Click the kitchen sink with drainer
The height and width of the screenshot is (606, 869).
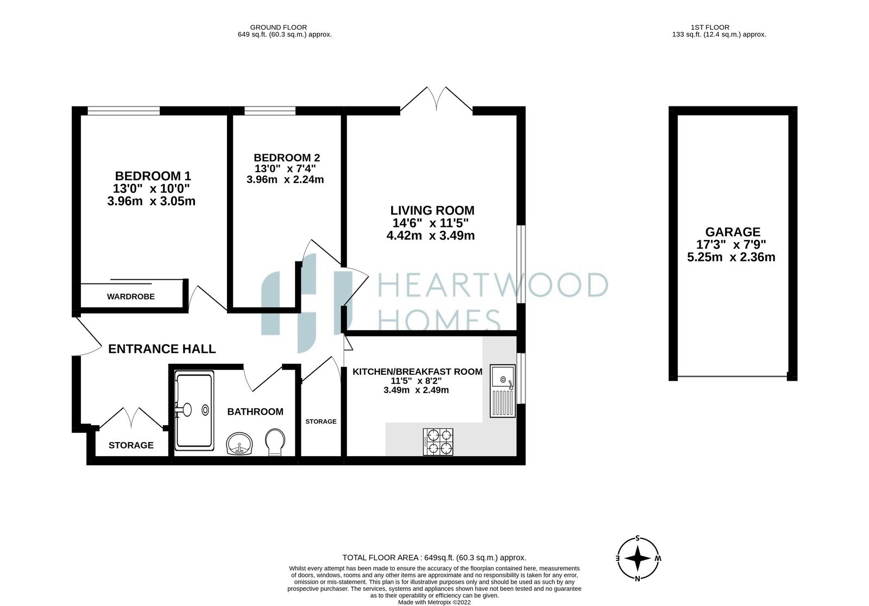coord(502,391)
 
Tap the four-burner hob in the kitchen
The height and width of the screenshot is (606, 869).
coord(438,442)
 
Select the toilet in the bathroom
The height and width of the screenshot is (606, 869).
coord(275,442)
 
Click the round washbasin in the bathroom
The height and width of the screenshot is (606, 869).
coord(240,444)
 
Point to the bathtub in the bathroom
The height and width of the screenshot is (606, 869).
coord(194,411)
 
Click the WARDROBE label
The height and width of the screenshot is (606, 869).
coord(131,297)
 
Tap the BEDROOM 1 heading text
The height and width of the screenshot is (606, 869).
coord(153,176)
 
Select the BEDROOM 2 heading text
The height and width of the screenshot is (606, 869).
coord(287,158)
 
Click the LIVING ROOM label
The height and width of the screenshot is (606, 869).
coord(432,211)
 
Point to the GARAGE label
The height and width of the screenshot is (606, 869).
coord(733,232)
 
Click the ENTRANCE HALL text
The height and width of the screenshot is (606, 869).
coord(162,349)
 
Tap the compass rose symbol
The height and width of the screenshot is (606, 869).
coord(638,559)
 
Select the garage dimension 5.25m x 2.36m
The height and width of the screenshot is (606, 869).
coord(731,257)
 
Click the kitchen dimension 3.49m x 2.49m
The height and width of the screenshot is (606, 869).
coord(416,390)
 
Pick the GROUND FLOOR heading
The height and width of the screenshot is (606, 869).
coord(279,28)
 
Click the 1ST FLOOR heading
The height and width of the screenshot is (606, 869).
coord(710,28)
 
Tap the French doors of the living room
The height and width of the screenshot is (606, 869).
coord(437,100)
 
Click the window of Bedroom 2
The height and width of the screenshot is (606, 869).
coord(270,111)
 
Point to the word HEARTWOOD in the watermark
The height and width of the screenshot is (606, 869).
coord(493,285)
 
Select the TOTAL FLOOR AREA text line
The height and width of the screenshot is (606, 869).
coord(434,558)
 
